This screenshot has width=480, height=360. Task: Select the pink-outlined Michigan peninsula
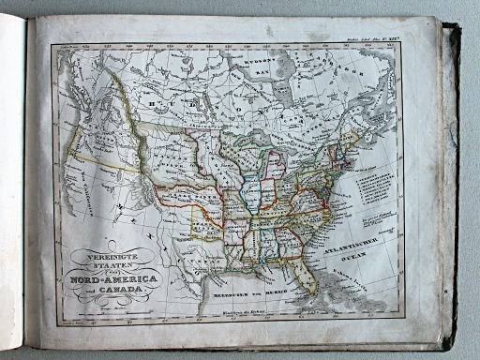pyautogui.click(x=277, y=164)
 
